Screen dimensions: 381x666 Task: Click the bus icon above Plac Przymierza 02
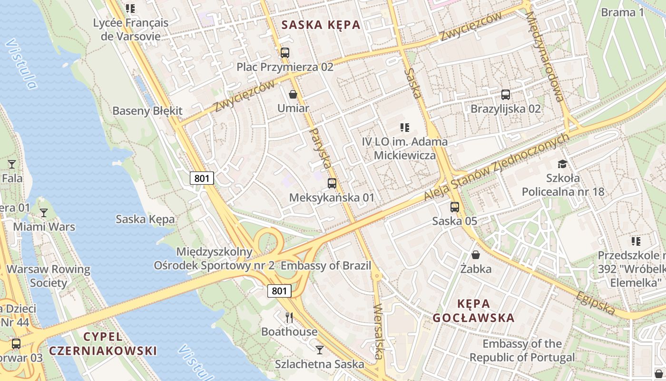pyautogui.click(x=284, y=53)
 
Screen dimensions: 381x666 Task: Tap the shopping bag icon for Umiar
pyautogui.click(x=293, y=94)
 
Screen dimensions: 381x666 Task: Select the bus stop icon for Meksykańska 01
pyautogui.click(x=332, y=183)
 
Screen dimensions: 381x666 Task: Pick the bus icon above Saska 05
pyautogui.click(x=455, y=207)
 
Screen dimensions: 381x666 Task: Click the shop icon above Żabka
pyautogui.click(x=475, y=255)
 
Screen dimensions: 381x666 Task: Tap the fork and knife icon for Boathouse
pyautogui.click(x=289, y=317)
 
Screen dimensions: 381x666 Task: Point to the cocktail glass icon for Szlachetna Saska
pyautogui.click(x=319, y=350)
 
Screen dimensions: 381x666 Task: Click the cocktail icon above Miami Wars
pyautogui.click(x=44, y=212)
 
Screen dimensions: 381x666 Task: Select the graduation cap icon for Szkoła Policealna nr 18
pyautogui.click(x=563, y=164)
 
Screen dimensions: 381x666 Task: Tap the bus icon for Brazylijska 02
pyautogui.click(x=505, y=95)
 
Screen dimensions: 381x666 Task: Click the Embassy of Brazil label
pyautogui.click(x=326, y=266)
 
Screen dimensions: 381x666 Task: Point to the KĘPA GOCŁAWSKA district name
pyautogui.click(x=474, y=311)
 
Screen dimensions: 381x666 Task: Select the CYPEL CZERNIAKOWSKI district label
pyautogui.click(x=103, y=344)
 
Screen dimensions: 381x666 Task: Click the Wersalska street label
pyautogui.click(x=379, y=331)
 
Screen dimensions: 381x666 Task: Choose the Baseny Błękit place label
pyautogui.click(x=147, y=111)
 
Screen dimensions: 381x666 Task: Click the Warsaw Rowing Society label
pyautogui.click(x=49, y=276)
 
